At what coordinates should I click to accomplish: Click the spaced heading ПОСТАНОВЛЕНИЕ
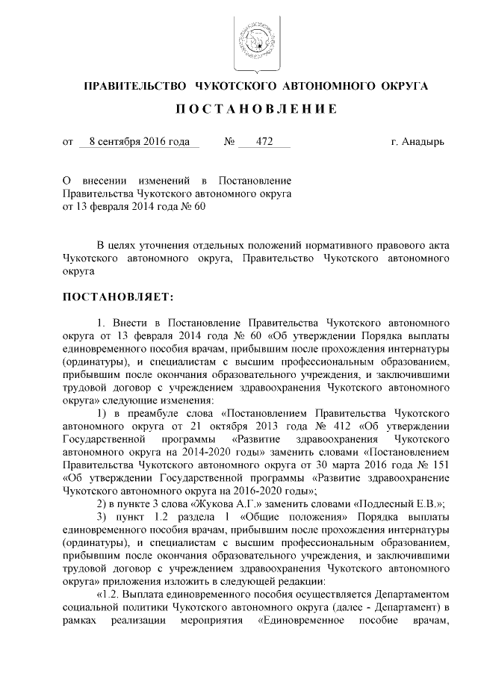point(255,110)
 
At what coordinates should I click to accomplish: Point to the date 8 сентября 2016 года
point(138,141)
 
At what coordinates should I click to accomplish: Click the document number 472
point(263,141)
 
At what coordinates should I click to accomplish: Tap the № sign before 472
point(231,141)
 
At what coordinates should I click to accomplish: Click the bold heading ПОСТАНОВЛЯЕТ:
point(118,297)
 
